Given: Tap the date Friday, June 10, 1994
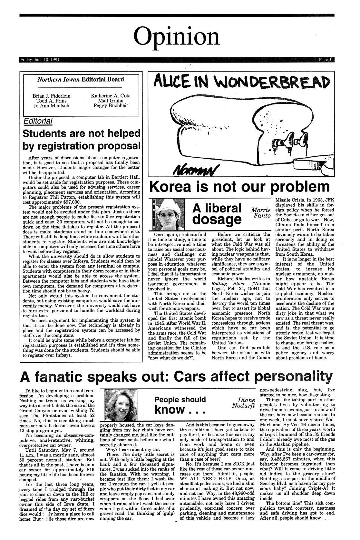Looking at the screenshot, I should click(x=38, y=60).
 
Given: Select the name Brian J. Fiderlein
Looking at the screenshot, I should click(x=51, y=96).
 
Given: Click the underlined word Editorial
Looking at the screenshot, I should click(x=38, y=121).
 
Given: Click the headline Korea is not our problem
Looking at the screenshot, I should click(x=239, y=187).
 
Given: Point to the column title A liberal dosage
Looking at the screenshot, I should click(x=217, y=214).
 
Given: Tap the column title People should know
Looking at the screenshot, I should click(x=180, y=405).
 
